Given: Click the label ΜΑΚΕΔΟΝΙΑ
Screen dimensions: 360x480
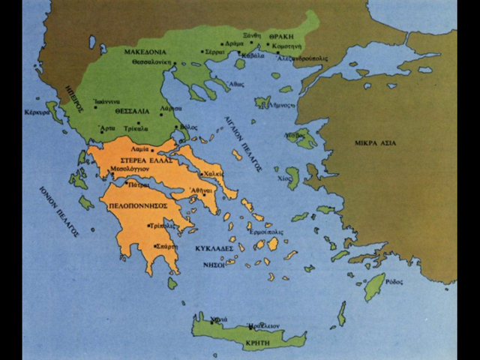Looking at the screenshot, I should [145, 52].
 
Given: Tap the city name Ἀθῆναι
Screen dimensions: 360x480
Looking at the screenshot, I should [202, 190].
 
